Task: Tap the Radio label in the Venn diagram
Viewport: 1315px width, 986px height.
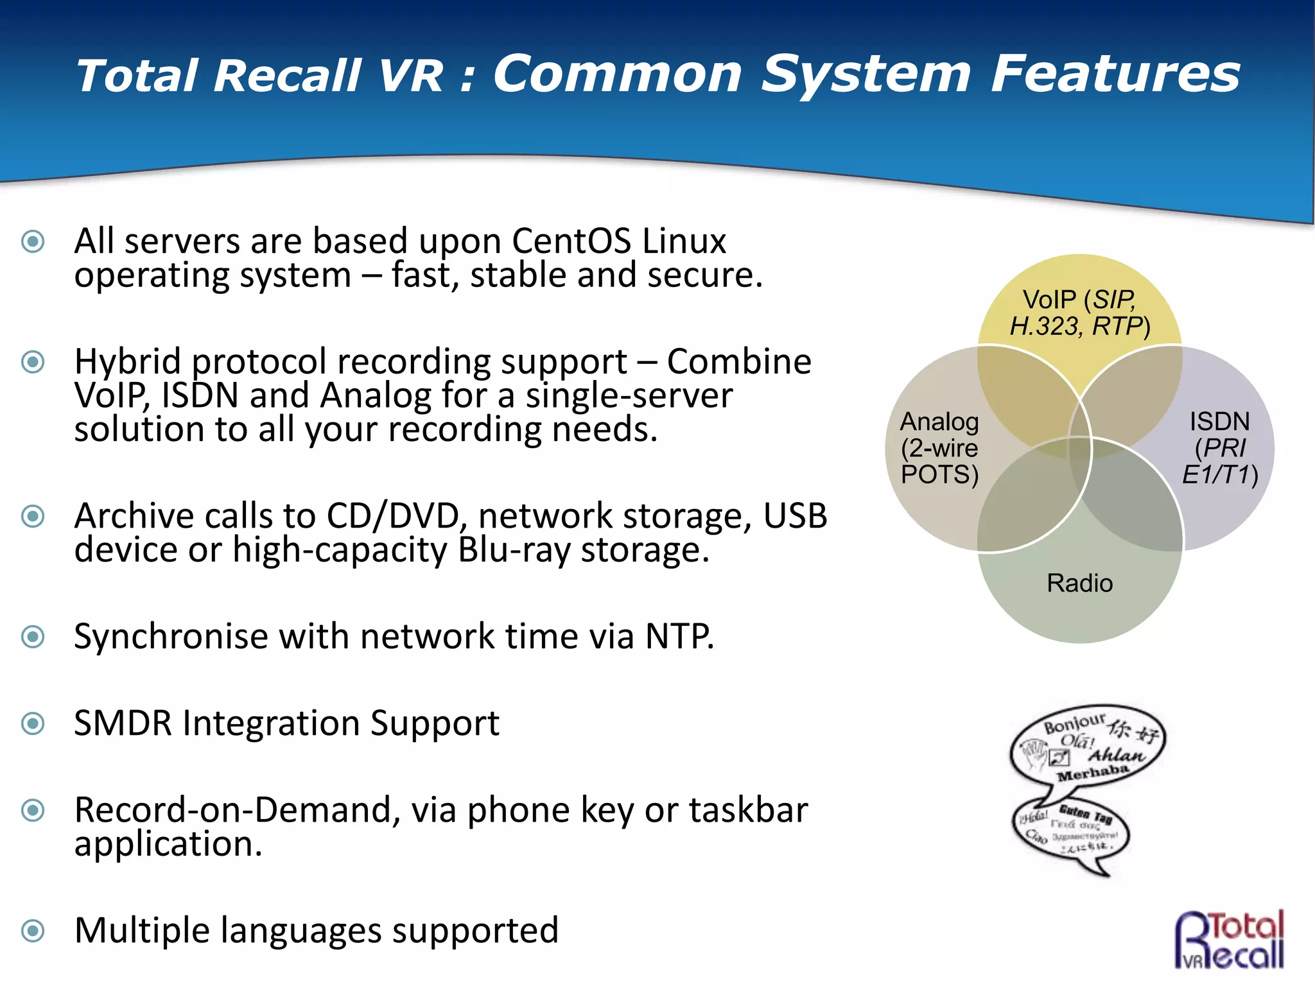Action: pyautogui.click(x=1079, y=583)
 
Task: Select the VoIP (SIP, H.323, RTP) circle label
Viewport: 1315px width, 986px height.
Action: pyautogui.click(x=1079, y=313)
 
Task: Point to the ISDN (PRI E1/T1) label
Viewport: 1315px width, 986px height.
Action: pyautogui.click(x=1219, y=448)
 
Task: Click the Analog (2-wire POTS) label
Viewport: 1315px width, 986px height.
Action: pyautogui.click(x=939, y=448)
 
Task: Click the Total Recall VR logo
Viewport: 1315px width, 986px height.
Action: pyautogui.click(x=1230, y=939)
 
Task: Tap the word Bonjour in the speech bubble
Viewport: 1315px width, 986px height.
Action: pyautogui.click(x=1074, y=723)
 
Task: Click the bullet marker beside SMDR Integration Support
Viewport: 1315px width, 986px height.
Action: pyautogui.click(x=33, y=723)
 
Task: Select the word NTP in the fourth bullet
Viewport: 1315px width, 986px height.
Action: pyautogui.click(x=679, y=637)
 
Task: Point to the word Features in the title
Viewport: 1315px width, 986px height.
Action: pyautogui.click(x=1115, y=74)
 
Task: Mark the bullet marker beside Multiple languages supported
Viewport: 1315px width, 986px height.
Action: pyautogui.click(x=33, y=931)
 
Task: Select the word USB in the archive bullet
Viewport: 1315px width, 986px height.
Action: pyautogui.click(x=795, y=516)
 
